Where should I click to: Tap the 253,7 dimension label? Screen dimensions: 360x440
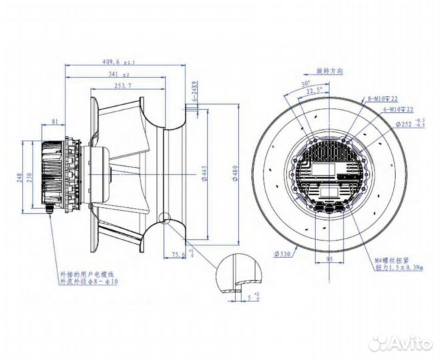point(123,87)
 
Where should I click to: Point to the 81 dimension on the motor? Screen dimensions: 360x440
point(53,123)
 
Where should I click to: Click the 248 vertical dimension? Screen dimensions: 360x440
point(19,178)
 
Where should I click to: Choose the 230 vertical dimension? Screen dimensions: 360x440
point(30,178)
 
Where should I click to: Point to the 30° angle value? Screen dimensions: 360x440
point(306,84)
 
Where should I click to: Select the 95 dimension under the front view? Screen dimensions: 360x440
point(329,254)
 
